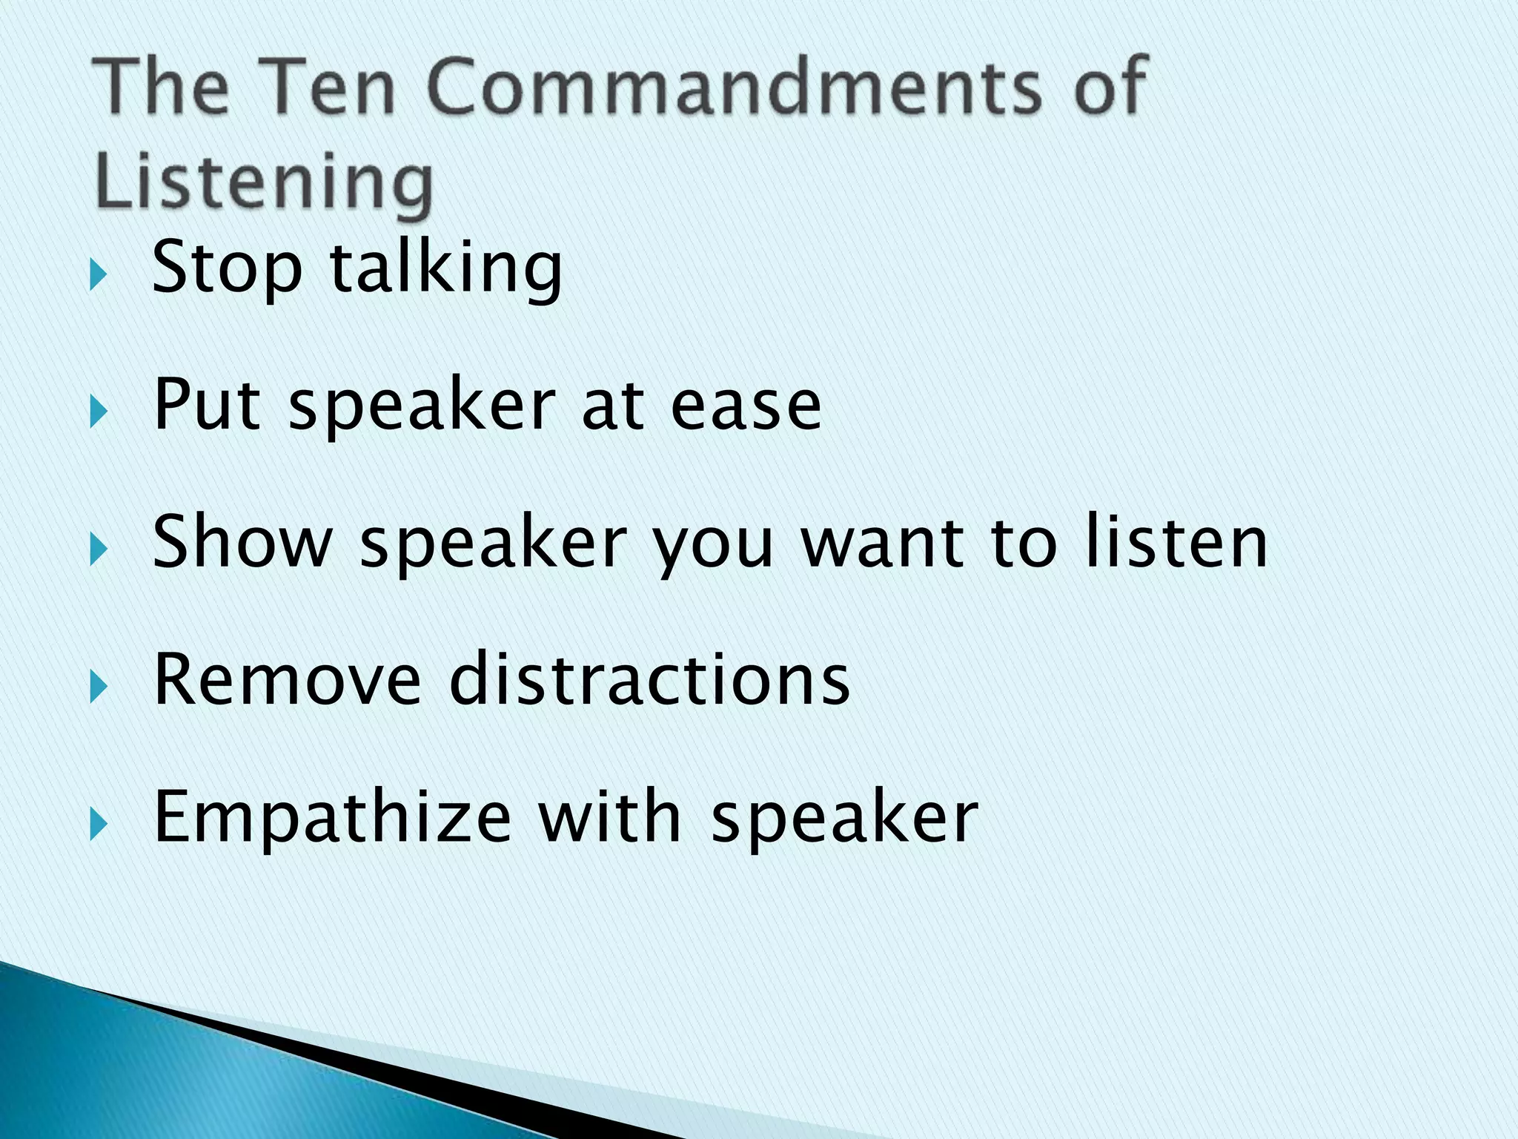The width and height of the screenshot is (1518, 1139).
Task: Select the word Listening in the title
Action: coord(264,182)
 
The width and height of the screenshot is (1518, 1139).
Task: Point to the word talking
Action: coord(445,268)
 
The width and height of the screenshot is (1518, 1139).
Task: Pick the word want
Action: coord(883,544)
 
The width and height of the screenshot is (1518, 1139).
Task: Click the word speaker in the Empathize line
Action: coord(844,819)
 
